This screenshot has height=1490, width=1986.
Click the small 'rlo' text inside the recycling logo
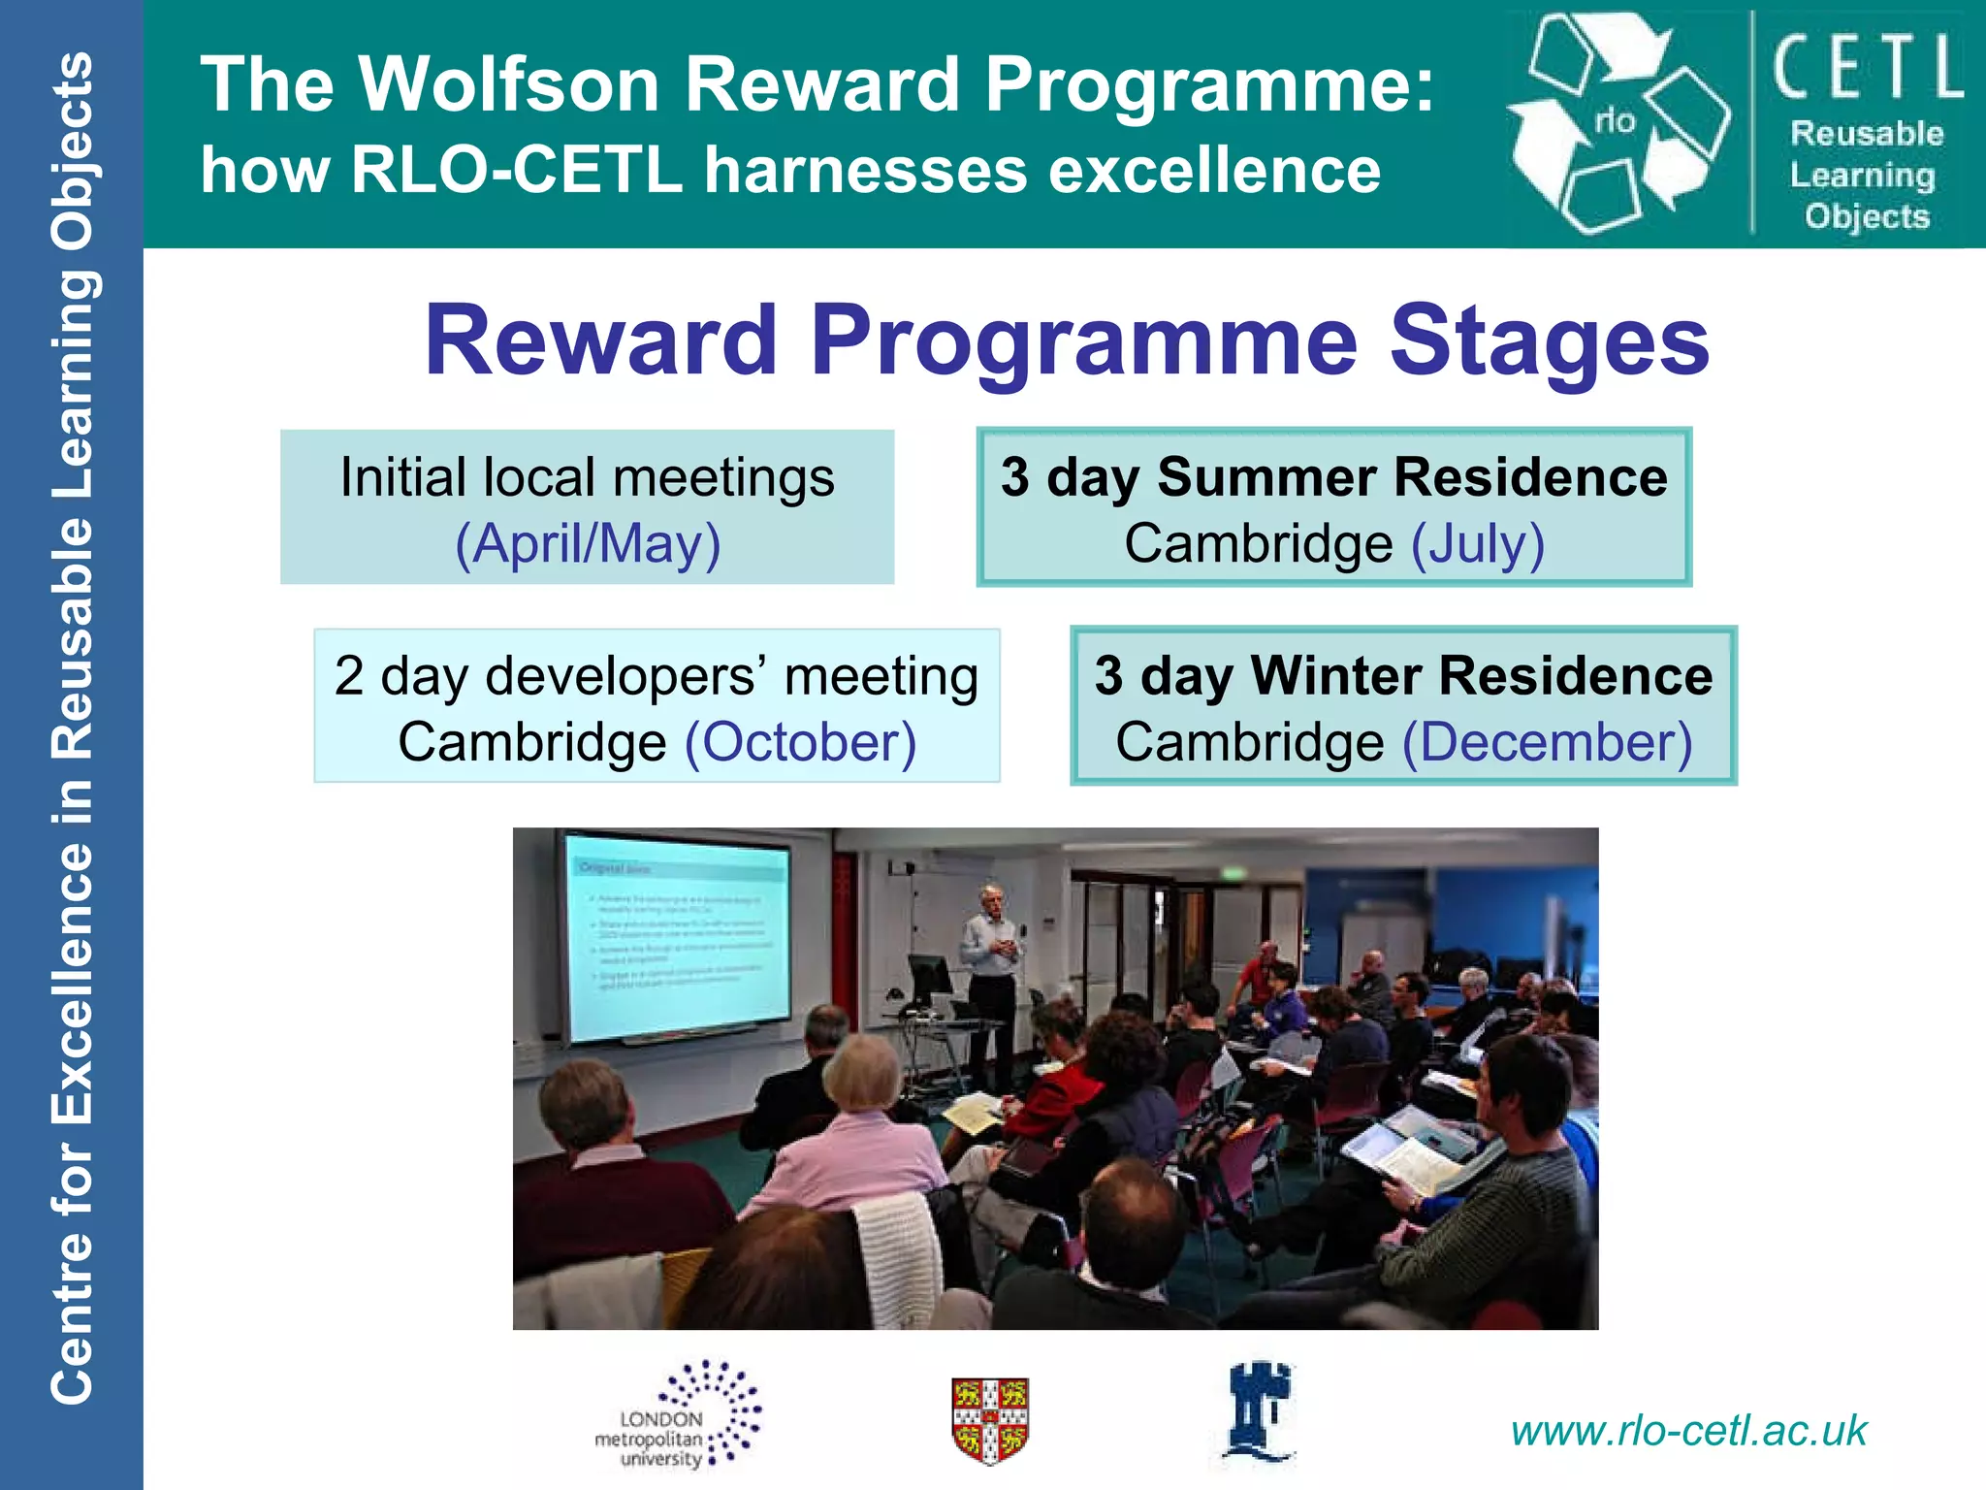[1616, 121]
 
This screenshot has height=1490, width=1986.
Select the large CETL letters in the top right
[1868, 68]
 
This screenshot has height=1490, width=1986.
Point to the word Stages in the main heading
[1549, 340]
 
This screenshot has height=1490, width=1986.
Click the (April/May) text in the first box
[588, 543]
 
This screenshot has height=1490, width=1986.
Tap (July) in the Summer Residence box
[1477, 543]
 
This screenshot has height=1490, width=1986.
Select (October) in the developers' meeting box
[800, 742]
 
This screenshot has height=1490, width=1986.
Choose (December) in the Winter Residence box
[1548, 742]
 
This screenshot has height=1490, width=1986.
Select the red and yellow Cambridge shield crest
[989, 1420]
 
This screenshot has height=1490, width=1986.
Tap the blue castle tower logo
[1258, 1411]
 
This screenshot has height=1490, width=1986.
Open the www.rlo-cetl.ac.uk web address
[1688, 1431]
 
